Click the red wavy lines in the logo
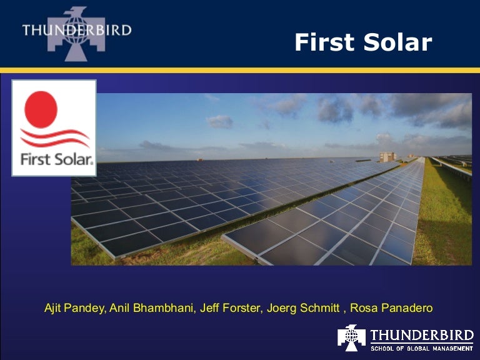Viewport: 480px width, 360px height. pos(54,137)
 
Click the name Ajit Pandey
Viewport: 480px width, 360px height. pos(74,308)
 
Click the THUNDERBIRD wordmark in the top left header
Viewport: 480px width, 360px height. pos(76,30)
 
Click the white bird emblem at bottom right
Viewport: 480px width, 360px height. pos(351,337)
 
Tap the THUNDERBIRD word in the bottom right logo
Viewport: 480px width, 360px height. pos(422,334)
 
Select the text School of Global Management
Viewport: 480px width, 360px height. pos(422,347)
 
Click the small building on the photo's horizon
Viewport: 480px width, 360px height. pos(387,156)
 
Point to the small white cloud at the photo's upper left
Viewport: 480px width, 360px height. pos(219,121)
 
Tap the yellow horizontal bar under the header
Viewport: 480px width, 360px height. pos(240,70)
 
